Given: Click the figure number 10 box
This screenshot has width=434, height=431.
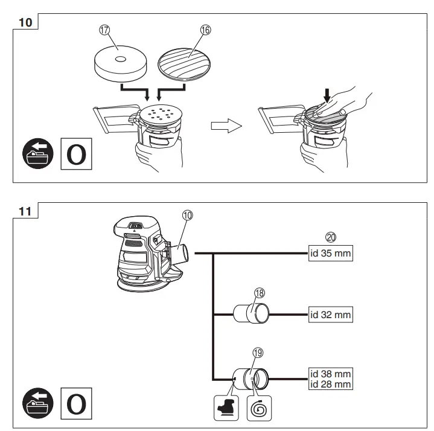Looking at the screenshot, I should tap(25, 22).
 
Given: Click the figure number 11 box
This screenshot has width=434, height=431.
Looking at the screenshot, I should tap(25, 211).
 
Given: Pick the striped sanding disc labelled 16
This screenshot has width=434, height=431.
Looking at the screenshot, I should tap(184, 63).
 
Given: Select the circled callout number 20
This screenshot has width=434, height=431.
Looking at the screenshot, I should tap(330, 238).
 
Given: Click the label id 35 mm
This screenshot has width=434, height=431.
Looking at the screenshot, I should tap(330, 254).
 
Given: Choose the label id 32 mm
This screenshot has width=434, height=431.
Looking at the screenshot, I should tap(330, 314).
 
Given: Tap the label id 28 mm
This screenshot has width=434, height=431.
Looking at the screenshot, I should tap(330, 383).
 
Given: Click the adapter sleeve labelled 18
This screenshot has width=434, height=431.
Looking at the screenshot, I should tap(252, 313).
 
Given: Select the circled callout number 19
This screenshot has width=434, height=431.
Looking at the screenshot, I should tap(258, 353).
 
